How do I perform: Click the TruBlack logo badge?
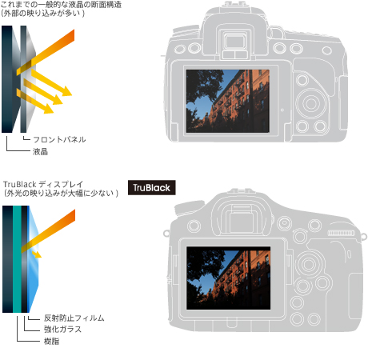tap(152, 187)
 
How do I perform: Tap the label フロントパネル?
tap(59, 139)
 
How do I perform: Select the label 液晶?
tap(40, 152)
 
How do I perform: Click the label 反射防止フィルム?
tap(74, 318)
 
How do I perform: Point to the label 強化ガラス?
tap(62, 329)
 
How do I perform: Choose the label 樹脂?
tap(51, 341)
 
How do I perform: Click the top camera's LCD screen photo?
tap(227, 101)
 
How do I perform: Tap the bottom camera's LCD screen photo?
tap(228, 278)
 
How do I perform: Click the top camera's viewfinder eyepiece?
tap(234, 42)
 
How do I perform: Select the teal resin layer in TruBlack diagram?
tap(17, 259)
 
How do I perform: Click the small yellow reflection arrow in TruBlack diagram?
tap(37, 254)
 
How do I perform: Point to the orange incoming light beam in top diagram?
tap(46, 52)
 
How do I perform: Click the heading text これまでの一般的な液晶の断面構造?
tap(61, 5)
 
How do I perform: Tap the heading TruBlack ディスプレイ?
tap(43, 184)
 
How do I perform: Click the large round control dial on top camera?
tap(311, 103)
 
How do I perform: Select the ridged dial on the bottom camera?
tap(342, 233)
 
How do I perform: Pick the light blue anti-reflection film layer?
tap(33, 259)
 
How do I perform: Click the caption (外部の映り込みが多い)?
tap(42, 13)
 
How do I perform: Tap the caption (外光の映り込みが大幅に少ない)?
tap(61, 193)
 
